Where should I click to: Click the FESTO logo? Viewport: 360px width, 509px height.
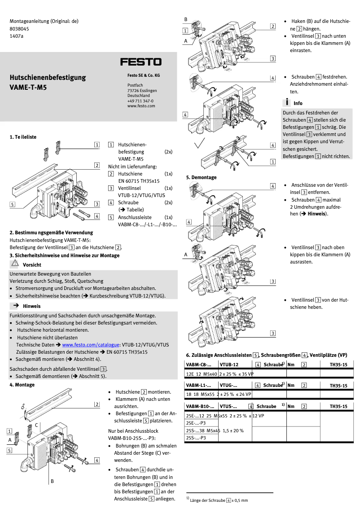tap(140, 61)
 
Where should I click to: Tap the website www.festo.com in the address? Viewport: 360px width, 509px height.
tap(141, 106)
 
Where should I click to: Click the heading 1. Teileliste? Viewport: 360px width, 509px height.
tap(23, 136)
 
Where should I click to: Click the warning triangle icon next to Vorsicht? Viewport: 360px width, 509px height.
tap(16, 264)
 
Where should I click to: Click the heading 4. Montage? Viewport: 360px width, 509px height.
tap(22, 385)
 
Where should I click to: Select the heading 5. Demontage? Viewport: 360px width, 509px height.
tap(201, 177)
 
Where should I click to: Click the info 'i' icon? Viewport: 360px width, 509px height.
tap(286, 102)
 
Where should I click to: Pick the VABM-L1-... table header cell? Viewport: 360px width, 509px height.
tap(198, 385)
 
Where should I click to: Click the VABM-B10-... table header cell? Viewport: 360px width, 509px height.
tap(200, 406)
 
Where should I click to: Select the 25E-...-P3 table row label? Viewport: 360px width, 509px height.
tap(196, 423)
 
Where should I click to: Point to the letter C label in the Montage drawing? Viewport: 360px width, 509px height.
tap(36, 425)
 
